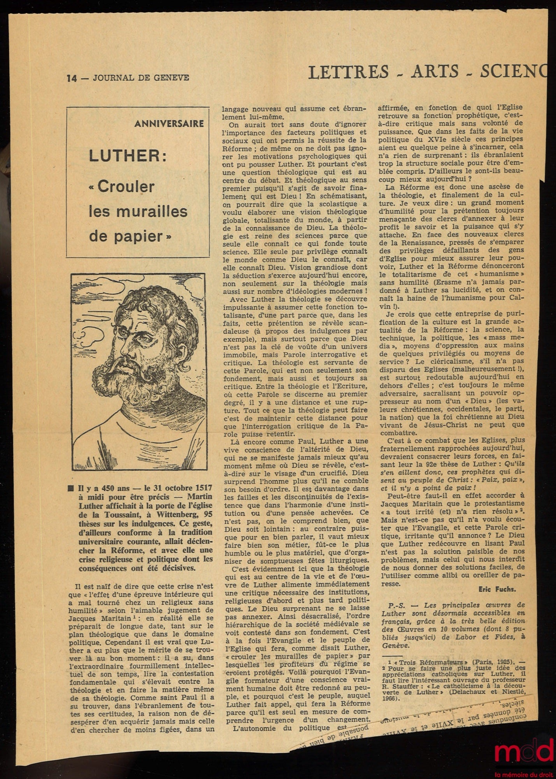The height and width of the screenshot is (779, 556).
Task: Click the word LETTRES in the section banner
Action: coord(348,72)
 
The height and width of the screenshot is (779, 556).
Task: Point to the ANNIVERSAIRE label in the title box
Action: coord(169,124)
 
